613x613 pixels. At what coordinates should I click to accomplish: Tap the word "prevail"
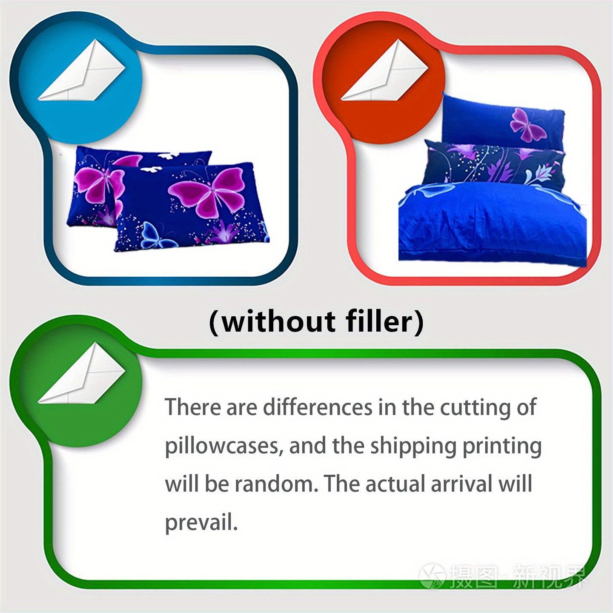pos(201,523)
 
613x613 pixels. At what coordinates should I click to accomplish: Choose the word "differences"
pos(318,408)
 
